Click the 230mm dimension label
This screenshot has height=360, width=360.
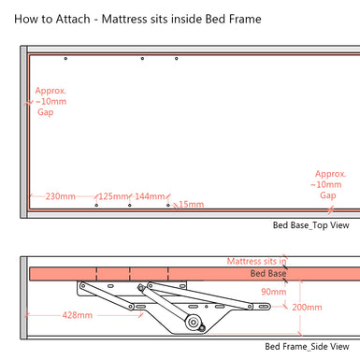coord(60,196)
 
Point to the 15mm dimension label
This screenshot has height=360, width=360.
coord(190,204)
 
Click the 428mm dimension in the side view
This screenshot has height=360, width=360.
coord(76,316)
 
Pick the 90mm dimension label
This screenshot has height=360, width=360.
coord(273,292)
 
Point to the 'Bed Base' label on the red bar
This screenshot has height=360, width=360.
coord(267,274)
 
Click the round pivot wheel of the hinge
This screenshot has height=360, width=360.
coord(193,324)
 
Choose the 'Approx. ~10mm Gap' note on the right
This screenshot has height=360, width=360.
coord(329,184)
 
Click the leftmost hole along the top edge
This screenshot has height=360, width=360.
coord(65,60)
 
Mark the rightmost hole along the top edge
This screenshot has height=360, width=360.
coord(177,59)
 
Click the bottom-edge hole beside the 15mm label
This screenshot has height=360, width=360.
coord(167,205)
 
